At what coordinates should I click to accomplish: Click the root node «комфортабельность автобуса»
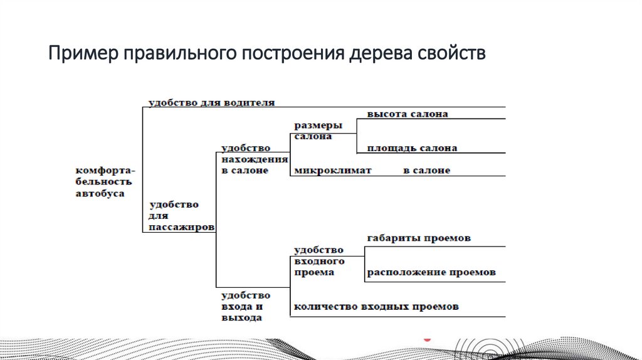pos(104,182)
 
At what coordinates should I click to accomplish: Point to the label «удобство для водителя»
pos(211,102)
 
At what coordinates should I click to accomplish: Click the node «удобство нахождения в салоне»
pos(245,159)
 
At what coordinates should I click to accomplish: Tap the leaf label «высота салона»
pos(408,115)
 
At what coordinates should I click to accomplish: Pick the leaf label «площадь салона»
pos(412,149)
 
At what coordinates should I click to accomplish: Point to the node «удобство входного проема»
pos(319,261)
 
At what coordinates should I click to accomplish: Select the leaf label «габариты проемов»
pos(419,239)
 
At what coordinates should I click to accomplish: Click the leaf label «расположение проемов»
pos(431,273)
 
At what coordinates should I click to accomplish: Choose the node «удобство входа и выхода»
pos(245,306)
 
